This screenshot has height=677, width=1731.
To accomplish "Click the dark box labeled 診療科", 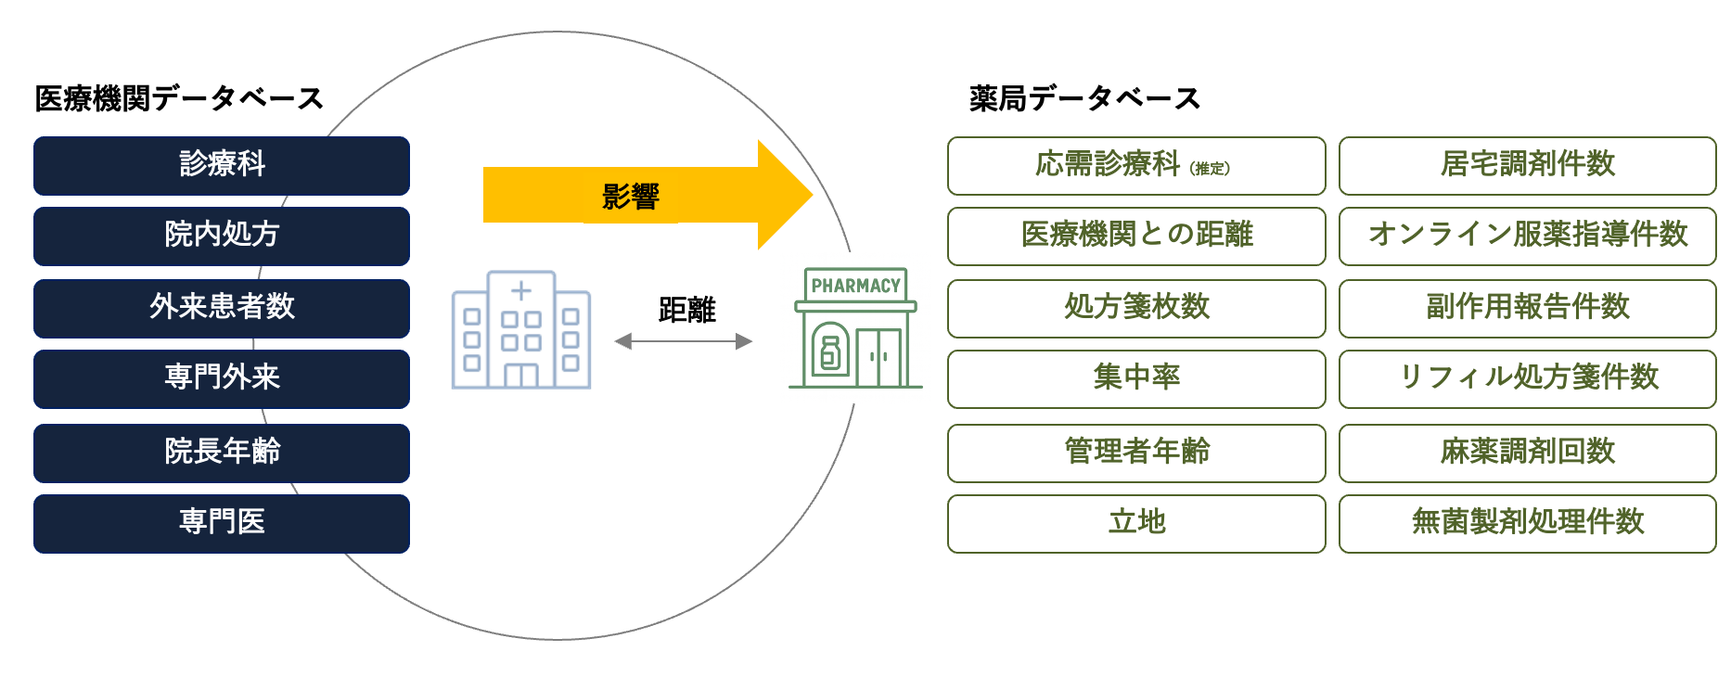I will tap(222, 165).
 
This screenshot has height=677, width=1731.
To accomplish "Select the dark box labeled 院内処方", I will tap(222, 236).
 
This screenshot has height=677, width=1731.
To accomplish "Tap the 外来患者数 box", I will tap(222, 308).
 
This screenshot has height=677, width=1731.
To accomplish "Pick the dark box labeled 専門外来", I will tap(222, 378).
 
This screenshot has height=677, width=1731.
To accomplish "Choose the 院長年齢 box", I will tap(222, 453).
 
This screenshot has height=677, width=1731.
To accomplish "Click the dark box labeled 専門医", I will tap(222, 523).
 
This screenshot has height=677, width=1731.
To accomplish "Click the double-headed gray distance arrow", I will tap(684, 341).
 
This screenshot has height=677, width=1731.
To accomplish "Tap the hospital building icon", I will tap(521, 330).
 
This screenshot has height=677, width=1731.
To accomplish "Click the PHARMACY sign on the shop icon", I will tap(855, 286).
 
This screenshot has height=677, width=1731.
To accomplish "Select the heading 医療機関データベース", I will tap(179, 98).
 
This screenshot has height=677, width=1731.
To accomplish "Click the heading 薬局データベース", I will tap(1084, 98).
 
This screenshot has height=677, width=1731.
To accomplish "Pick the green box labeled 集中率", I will tap(1136, 378).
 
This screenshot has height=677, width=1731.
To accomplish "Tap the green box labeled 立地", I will tap(1136, 523).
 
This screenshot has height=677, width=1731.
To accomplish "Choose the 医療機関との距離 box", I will tap(1136, 236).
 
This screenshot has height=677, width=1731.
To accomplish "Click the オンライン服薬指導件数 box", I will tap(1528, 236).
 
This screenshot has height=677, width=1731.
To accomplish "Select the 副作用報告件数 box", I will tap(1528, 308).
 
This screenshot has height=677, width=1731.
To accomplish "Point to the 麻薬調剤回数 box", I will tap(1528, 453).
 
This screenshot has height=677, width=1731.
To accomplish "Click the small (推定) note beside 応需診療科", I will tap(1211, 169).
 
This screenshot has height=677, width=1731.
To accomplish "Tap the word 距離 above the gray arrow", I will tap(687, 310).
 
